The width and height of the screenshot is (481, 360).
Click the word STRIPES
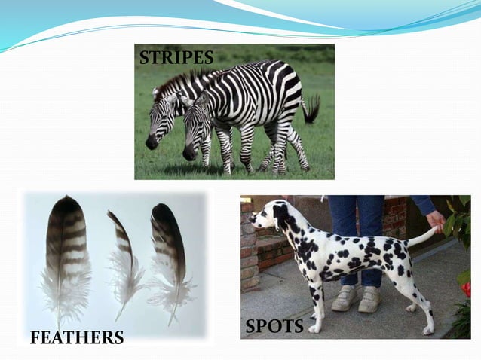tap(176, 58)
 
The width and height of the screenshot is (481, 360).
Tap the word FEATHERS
tap(77, 337)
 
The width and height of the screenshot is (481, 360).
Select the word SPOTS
tap(274, 326)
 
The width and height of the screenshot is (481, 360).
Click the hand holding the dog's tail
tap(435, 221)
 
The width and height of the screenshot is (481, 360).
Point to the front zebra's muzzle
tap(189, 152)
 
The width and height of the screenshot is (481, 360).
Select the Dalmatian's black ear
tap(281, 218)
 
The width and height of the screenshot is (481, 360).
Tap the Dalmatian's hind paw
tap(427, 330)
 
